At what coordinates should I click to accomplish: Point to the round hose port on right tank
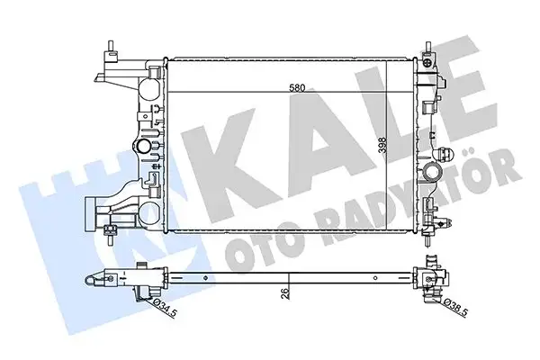pos(435,171)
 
